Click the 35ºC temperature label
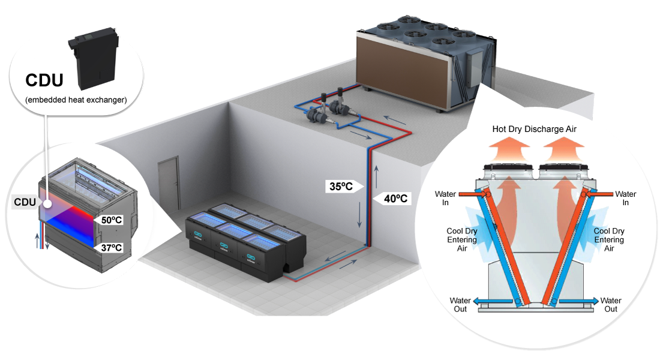(x=341, y=186)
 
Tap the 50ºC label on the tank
(x=110, y=220)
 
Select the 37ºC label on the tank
(x=110, y=247)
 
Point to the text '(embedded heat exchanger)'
(x=76, y=100)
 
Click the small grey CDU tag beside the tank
(x=25, y=203)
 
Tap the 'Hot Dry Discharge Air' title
(x=534, y=128)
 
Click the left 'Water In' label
(x=445, y=198)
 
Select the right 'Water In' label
(x=626, y=198)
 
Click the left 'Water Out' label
(x=461, y=305)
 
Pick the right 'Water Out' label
(x=611, y=305)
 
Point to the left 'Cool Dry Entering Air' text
(x=462, y=239)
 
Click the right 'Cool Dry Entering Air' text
(x=609, y=239)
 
